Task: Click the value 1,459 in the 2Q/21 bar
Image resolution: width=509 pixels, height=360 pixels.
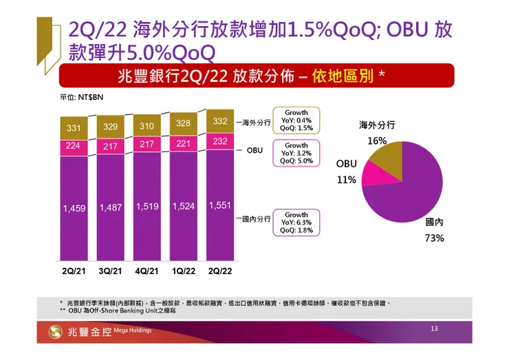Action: [x=74, y=208]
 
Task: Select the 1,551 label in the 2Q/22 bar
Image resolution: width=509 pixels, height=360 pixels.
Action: [x=219, y=206]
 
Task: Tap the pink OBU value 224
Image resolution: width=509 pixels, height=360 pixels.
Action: [x=73, y=146]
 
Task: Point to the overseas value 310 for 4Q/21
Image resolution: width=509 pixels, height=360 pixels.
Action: [x=146, y=127]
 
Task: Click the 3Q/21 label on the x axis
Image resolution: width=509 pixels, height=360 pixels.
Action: [x=110, y=271]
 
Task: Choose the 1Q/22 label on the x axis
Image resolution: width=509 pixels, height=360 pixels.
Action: [x=183, y=271]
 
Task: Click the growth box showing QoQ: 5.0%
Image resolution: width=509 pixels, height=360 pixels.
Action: [x=296, y=153]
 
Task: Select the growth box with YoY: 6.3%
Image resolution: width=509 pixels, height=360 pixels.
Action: [x=296, y=222]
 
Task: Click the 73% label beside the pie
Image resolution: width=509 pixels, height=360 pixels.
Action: [x=434, y=238]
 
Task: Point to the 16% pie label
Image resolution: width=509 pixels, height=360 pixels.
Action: [x=376, y=140]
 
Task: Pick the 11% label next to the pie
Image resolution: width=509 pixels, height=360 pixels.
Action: [x=346, y=180]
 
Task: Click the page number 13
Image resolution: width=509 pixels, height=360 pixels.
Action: [x=434, y=329]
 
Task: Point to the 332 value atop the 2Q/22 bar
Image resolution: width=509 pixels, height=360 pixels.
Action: [x=219, y=121]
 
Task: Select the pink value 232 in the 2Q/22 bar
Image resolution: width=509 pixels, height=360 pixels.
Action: [x=219, y=140]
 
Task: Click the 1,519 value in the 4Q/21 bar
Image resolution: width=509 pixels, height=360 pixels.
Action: [x=147, y=207]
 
